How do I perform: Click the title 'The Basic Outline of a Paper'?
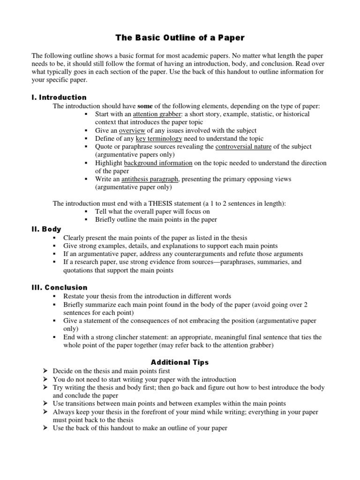(x=180, y=37)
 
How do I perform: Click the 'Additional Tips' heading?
(x=180, y=362)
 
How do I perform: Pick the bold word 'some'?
(x=145, y=106)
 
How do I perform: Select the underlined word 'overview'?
(x=132, y=131)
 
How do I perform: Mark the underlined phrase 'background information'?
(x=158, y=163)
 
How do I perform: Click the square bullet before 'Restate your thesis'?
(x=55, y=297)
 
